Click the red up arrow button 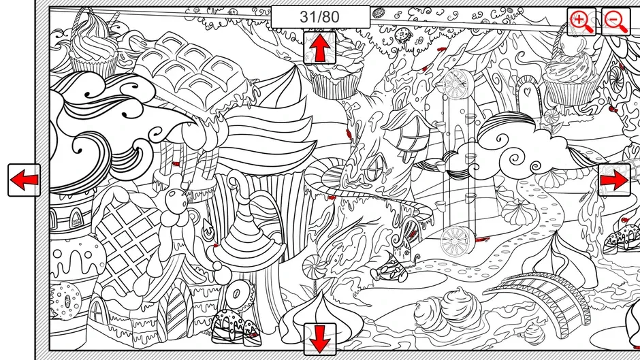(319, 48)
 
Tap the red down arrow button (319, 339)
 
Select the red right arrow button (614, 180)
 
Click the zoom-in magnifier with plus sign (581, 21)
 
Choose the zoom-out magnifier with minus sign (615, 21)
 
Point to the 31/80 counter (320, 17)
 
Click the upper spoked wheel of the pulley (457, 84)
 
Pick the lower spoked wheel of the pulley (456, 240)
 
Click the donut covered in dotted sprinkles (65, 300)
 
